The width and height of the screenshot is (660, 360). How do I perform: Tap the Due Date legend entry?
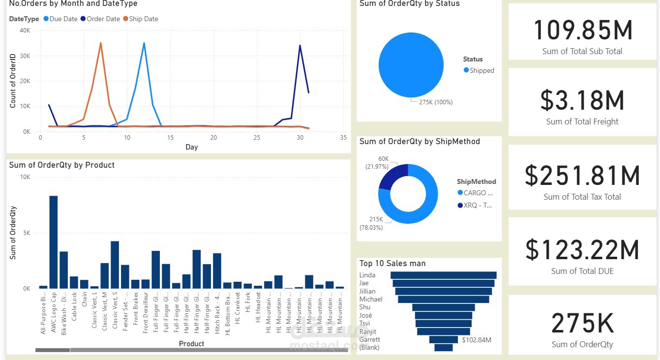(60, 19)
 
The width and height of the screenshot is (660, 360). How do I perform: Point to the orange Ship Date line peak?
(101, 43)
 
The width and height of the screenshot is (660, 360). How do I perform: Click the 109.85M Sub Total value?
(583, 30)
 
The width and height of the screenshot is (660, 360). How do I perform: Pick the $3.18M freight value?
(582, 100)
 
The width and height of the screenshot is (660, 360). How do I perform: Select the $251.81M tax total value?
(582, 176)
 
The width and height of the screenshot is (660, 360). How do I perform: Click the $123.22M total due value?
(582, 250)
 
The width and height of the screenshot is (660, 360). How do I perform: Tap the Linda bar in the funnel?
(444, 275)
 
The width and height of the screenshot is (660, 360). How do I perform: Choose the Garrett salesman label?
(369, 339)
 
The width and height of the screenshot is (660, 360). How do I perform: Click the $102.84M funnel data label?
(477, 340)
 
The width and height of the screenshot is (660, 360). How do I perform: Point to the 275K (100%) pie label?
(435, 102)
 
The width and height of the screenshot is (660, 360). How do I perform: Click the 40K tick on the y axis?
(25, 30)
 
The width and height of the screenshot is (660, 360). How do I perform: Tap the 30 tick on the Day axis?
(300, 138)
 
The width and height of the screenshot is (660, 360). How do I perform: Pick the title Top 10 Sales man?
(392, 263)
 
